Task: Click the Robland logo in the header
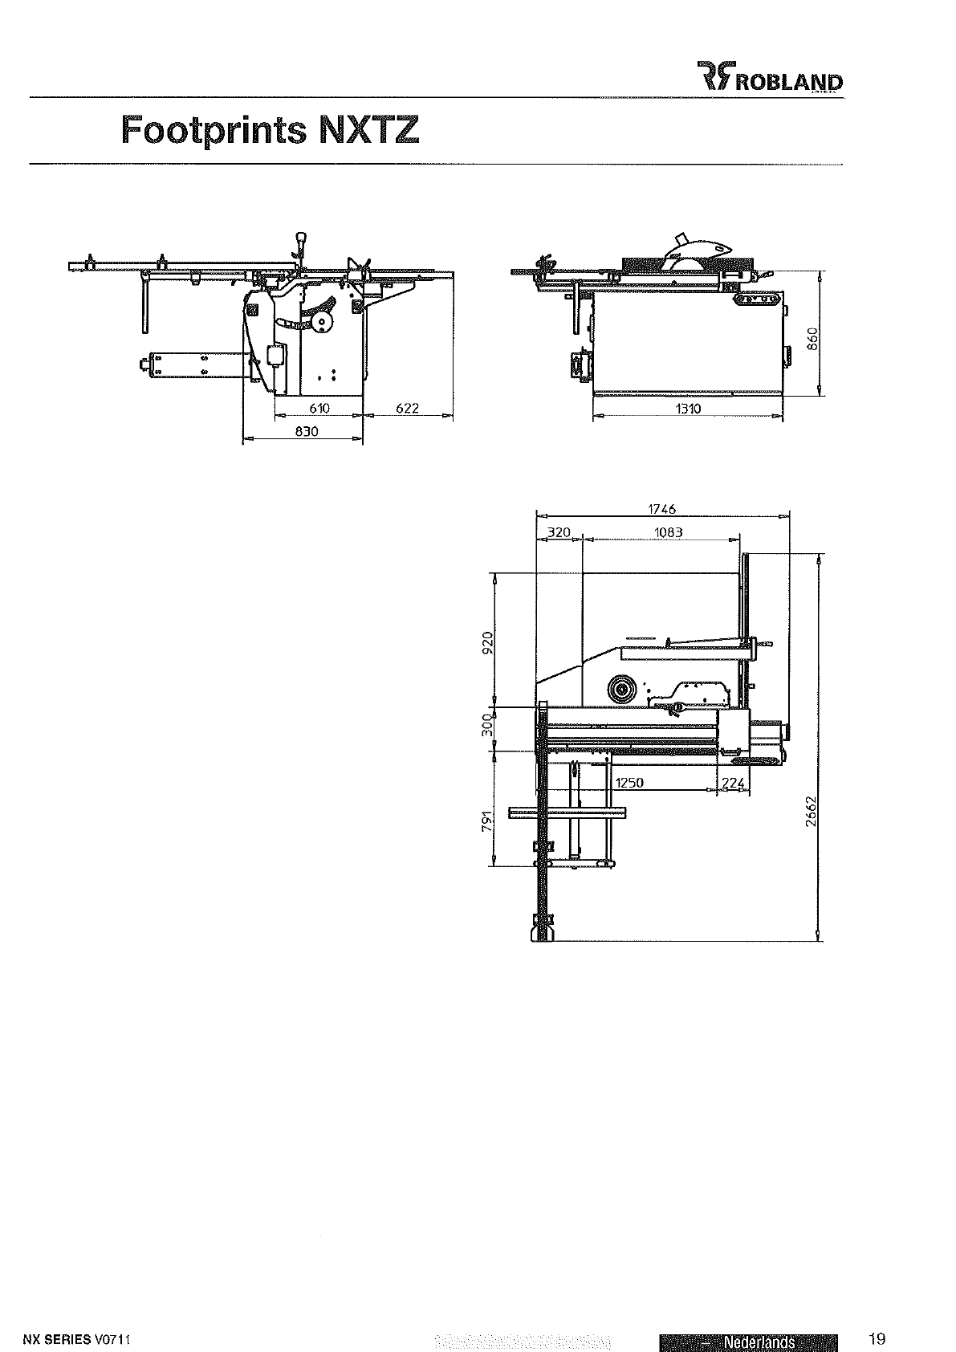pyautogui.click(x=770, y=76)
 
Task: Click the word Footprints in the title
pyautogui.click(x=214, y=130)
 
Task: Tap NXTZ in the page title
pyautogui.click(x=368, y=129)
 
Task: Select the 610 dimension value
pyautogui.click(x=319, y=408)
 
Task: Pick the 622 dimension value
pyautogui.click(x=408, y=408)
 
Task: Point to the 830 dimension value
pyautogui.click(x=307, y=432)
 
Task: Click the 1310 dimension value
pyautogui.click(x=688, y=409)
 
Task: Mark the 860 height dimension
pyautogui.click(x=813, y=339)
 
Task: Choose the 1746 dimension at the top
pyautogui.click(x=662, y=510)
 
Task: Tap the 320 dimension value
pyautogui.click(x=559, y=532)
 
